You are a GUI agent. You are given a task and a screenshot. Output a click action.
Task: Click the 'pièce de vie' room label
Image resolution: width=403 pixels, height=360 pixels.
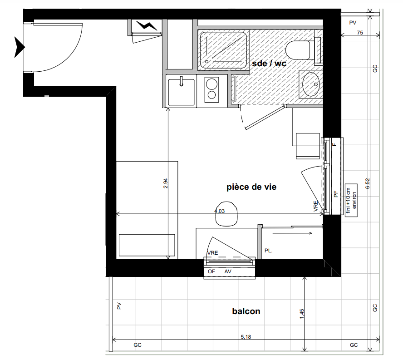251,187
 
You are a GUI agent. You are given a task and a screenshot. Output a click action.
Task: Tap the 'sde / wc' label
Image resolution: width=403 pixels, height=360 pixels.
269,64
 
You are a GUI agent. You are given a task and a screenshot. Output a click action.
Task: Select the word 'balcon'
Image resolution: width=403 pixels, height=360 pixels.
246,311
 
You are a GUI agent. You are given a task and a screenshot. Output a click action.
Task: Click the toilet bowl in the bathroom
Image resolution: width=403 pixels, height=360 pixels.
298,50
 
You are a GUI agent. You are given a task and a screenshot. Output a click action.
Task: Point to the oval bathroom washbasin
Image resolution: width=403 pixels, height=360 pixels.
311,84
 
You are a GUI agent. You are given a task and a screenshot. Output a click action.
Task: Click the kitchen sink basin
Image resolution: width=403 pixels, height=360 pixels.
181,92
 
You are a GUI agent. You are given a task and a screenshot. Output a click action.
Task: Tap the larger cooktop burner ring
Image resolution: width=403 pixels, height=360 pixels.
211,84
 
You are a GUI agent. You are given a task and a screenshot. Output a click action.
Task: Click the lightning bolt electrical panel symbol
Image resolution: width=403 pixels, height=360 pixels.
147,25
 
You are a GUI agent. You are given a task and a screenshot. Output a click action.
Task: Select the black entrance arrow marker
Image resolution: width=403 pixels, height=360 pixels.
19,47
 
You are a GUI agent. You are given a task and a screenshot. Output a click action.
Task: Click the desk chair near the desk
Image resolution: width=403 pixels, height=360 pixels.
226,214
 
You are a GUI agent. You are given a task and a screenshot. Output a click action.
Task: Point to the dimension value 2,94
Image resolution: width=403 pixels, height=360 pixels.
166,183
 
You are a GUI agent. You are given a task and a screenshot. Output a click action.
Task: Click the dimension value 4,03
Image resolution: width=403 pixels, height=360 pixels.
220,211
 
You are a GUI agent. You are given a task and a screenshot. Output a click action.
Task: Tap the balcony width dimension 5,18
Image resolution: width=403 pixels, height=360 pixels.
246,336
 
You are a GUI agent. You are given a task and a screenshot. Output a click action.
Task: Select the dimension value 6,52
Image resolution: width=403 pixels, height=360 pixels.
368,183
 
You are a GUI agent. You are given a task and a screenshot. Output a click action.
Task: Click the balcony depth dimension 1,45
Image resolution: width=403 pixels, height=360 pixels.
302,314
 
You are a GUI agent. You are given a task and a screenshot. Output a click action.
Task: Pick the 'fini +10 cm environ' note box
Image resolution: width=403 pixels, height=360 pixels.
351,200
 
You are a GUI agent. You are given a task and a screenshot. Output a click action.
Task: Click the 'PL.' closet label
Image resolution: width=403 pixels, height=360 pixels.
268,251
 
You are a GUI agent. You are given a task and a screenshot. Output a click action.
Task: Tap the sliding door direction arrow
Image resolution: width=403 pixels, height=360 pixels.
292,233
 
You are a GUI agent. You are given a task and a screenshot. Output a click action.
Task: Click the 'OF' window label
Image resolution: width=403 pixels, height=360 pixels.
211,271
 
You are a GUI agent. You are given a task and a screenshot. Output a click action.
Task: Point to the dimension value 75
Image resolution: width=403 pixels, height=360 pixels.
360,33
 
